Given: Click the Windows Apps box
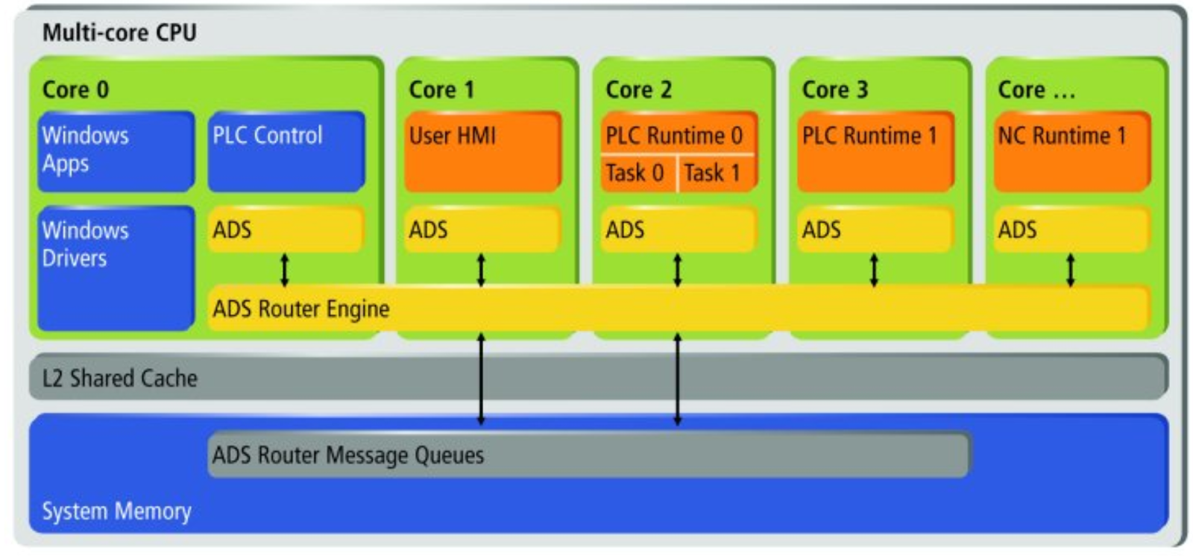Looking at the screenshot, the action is pyautogui.click(x=116, y=151).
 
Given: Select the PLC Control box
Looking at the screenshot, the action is pyautogui.click(x=286, y=151).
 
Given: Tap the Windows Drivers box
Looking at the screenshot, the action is pyautogui.click(x=116, y=268).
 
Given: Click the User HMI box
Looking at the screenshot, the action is pyautogui.click(x=483, y=151).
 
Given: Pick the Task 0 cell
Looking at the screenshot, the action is pyautogui.click(x=638, y=174).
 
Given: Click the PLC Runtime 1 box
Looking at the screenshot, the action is pyautogui.click(x=876, y=151).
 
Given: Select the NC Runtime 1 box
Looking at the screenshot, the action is pyautogui.click(x=1073, y=151).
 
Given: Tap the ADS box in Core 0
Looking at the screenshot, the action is pyautogui.click(x=286, y=230).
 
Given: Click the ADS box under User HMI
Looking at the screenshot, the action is pyautogui.click(x=483, y=230).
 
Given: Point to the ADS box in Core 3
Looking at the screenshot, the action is pyautogui.click(x=876, y=230).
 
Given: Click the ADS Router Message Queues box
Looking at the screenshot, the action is pyautogui.click(x=590, y=455).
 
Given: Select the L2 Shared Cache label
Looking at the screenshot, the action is pyautogui.click(x=120, y=378).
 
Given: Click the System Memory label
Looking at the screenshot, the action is pyautogui.click(x=116, y=511).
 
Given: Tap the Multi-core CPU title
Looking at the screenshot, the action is pyautogui.click(x=119, y=33).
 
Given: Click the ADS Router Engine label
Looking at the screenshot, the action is pyautogui.click(x=301, y=309).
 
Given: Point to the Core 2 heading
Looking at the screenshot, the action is pyautogui.click(x=638, y=89).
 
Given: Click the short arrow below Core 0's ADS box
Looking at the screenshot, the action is pyautogui.click(x=285, y=270).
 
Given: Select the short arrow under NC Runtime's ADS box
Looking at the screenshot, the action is pyautogui.click(x=1071, y=270).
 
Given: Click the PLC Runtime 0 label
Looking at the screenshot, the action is pyautogui.click(x=674, y=136).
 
